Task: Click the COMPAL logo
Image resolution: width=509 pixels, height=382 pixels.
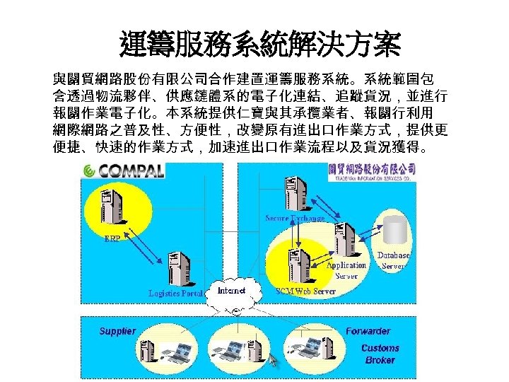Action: (x=125, y=170)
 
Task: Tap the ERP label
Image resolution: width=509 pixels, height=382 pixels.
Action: (x=112, y=238)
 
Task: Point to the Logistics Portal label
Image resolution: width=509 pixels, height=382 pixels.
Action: (x=175, y=293)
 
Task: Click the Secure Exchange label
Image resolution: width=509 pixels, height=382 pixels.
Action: (x=295, y=218)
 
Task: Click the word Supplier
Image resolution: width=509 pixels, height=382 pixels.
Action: (x=117, y=331)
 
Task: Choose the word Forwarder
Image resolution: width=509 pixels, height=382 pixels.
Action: (x=368, y=331)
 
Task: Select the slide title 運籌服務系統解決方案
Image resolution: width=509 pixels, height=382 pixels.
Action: (x=260, y=45)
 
